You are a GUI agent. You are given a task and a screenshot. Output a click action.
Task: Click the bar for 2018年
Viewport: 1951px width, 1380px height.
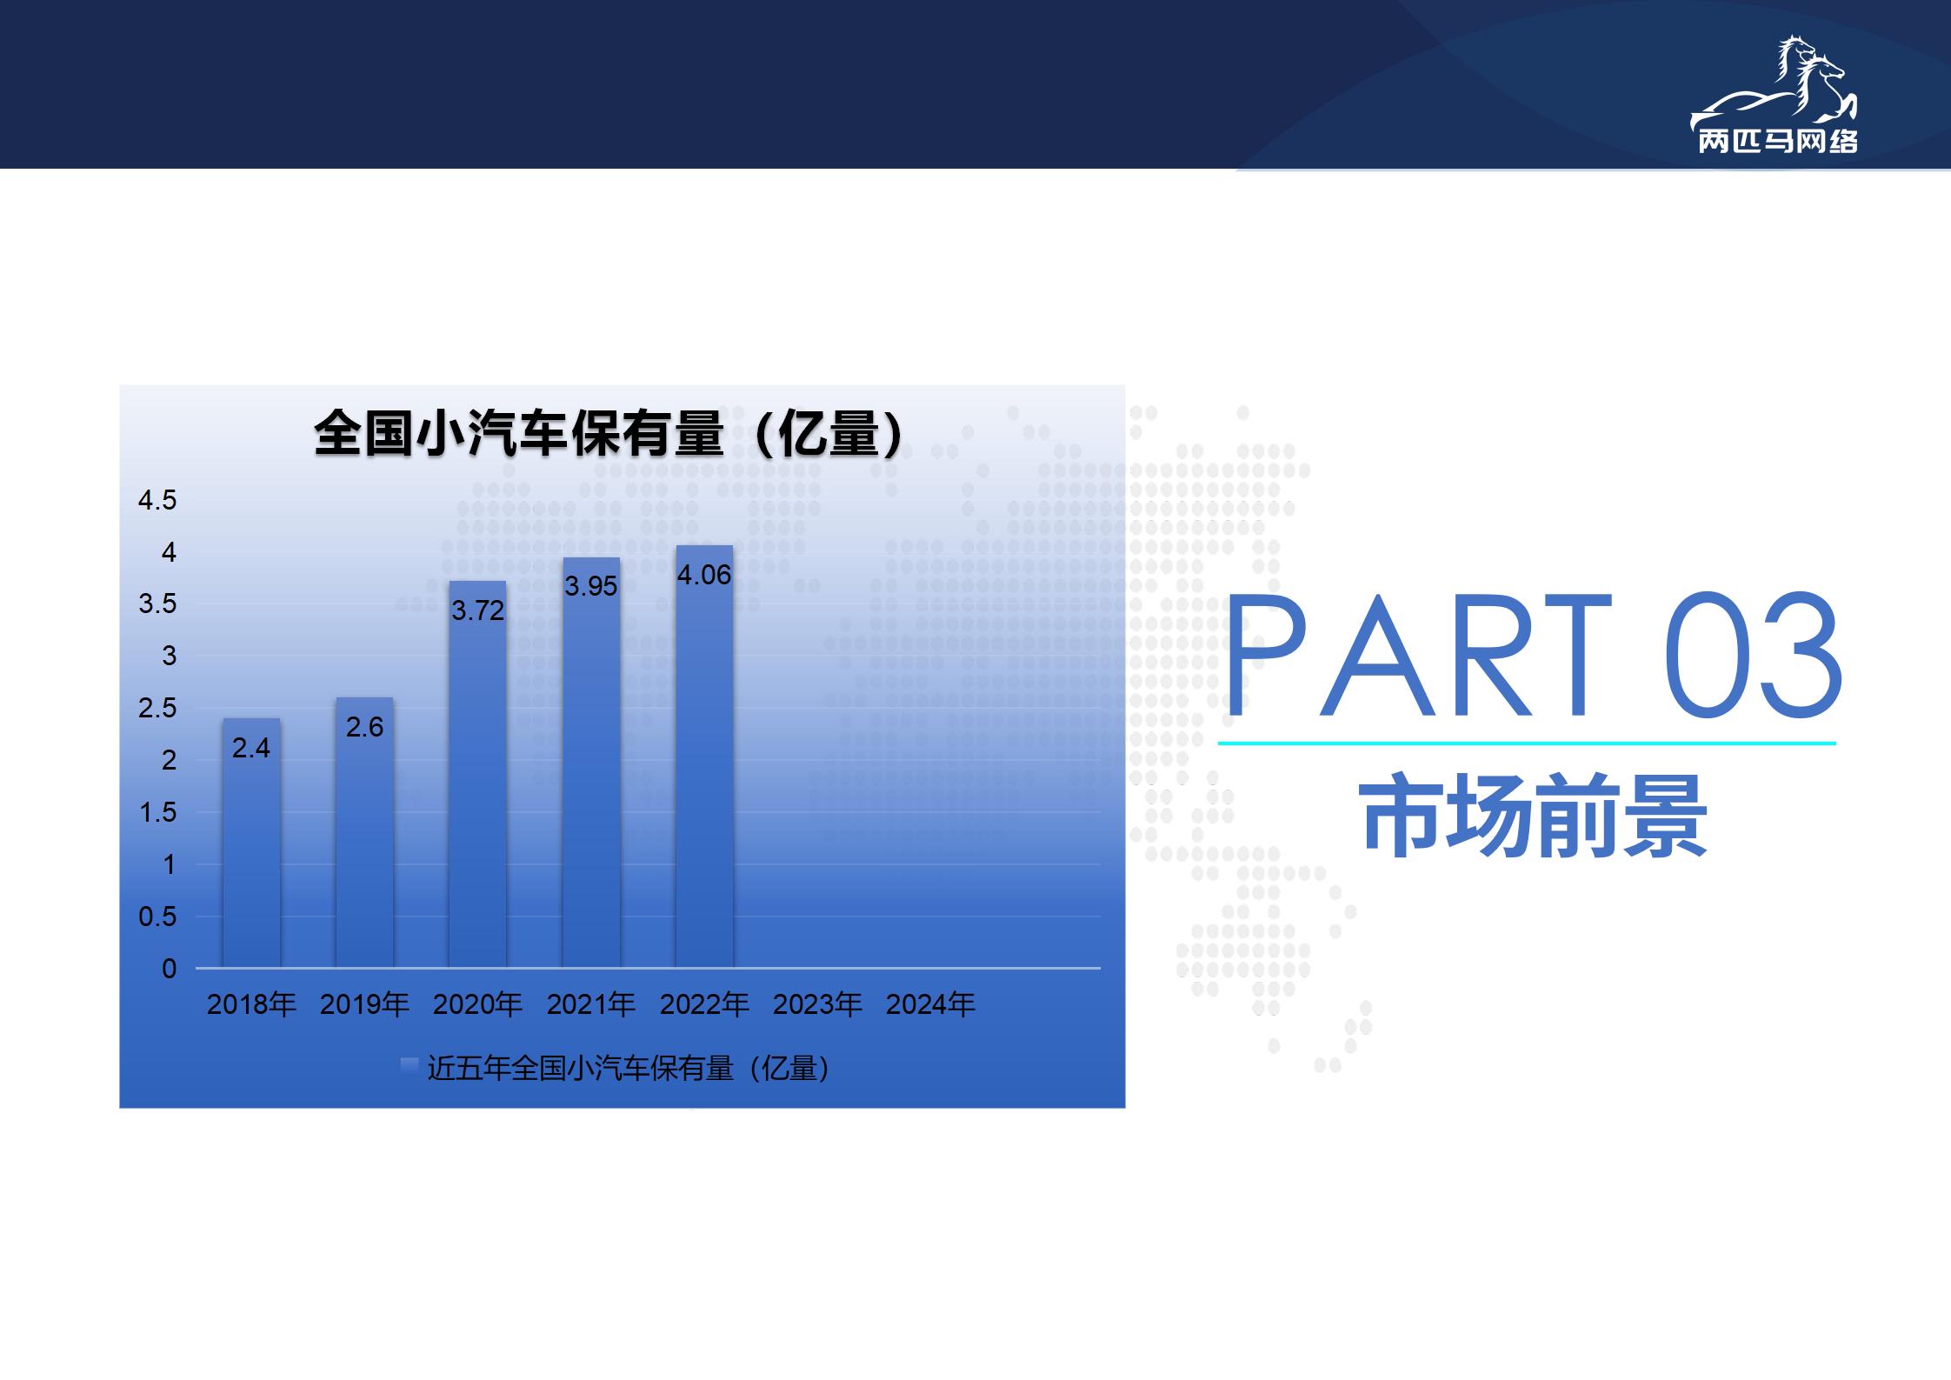coord(251,843)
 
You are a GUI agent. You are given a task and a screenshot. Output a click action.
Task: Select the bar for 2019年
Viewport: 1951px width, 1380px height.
coord(364,832)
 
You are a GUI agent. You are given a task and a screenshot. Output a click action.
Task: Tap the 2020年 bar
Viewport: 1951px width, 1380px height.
coord(477,774)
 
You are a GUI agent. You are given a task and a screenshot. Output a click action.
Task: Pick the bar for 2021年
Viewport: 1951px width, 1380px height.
coord(591,763)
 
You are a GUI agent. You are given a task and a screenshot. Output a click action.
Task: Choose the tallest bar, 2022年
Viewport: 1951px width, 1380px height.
coord(704,757)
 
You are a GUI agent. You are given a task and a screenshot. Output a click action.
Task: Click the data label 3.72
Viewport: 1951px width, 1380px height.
coord(477,610)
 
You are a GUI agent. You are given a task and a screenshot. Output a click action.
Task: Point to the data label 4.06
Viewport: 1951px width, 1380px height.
coord(704,575)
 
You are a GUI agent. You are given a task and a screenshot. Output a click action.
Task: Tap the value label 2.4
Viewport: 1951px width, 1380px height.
coord(251,748)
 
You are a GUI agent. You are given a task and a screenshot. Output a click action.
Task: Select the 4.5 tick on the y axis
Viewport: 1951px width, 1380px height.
coord(157,500)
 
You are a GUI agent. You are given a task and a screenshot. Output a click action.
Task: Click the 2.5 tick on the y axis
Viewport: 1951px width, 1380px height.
coord(157,708)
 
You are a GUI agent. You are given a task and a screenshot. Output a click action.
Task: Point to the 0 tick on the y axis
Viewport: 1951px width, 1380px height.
coord(170,969)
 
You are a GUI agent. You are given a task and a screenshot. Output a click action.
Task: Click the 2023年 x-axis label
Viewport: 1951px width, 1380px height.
coord(817,1004)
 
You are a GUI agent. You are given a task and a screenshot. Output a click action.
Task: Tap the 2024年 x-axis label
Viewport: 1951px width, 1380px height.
coord(930,1004)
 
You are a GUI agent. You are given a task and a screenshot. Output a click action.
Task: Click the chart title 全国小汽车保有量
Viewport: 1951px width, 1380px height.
coord(519,433)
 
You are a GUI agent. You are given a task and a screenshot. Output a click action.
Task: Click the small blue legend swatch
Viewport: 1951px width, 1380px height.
coord(409,1067)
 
